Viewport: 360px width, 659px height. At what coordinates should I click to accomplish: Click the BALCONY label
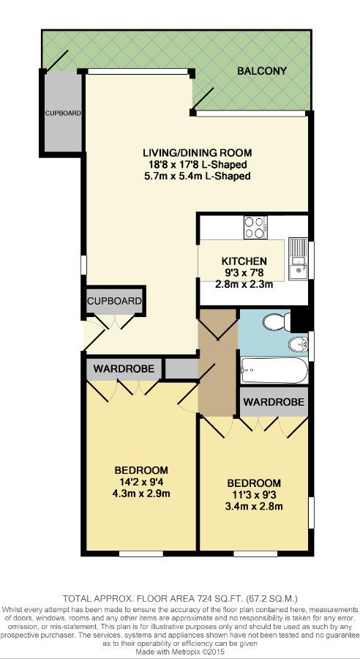pos(261,71)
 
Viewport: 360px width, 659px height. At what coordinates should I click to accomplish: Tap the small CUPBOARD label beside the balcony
pos(63,113)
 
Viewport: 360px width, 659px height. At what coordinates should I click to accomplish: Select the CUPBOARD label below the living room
pos(114,301)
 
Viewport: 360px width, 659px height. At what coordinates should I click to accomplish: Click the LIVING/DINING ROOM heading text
pos(197,153)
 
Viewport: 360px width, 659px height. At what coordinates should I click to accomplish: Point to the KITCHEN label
pos(244,261)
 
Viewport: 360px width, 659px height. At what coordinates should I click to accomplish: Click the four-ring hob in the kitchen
pos(255,227)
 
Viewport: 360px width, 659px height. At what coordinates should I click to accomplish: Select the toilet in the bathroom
pos(274,321)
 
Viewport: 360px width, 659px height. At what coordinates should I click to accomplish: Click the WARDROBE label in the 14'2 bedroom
pos(123,369)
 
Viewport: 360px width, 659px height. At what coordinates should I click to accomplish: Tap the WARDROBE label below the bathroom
pos(274,402)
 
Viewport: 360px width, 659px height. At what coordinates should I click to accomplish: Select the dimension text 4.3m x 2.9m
pos(141,494)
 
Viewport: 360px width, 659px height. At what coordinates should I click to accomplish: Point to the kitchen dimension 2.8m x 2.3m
pos(244,285)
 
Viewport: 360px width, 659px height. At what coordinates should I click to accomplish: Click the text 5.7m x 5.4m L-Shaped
pos(197,176)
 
